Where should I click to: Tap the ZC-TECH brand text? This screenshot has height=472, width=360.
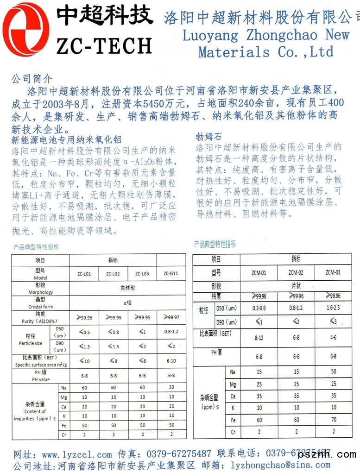tap(104, 45)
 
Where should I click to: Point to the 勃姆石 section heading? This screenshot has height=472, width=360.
tap(209, 137)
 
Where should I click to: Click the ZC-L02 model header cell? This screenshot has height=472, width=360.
tap(113, 274)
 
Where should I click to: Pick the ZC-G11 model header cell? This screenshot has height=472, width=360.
tap(171, 274)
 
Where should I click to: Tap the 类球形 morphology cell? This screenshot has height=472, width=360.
tap(127, 288)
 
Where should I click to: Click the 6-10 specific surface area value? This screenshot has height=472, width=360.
tap(171, 361)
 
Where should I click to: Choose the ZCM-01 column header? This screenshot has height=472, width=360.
tap(258, 272)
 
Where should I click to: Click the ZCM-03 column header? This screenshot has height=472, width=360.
tap(333, 272)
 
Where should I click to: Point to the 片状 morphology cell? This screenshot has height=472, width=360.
tap(296, 286)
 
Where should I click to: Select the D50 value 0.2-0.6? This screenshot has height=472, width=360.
tap(259, 308)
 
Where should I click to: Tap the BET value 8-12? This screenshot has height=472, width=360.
tap(259, 338)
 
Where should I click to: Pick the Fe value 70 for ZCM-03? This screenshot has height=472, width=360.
tap(333, 420)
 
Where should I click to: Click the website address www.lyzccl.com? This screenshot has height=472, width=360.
tap(77, 454)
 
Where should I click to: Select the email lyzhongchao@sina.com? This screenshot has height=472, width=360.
tap(269, 465)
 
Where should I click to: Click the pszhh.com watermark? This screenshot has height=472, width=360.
tap(327, 454)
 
